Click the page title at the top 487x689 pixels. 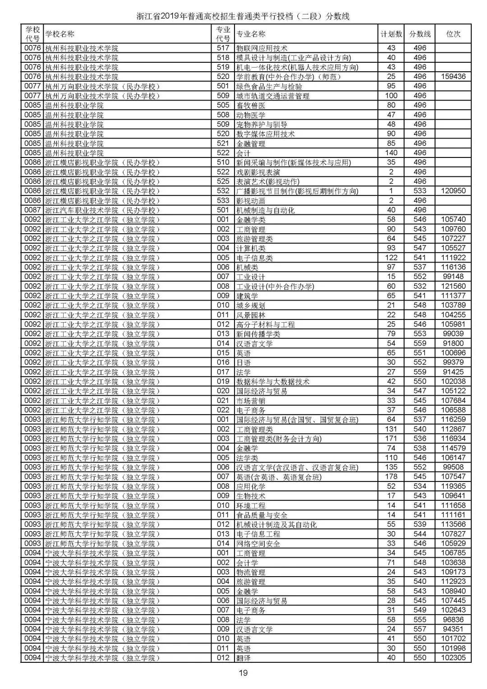243,17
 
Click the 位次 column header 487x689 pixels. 453,34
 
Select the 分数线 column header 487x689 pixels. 420,34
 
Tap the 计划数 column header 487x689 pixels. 391,34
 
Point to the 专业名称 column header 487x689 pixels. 251,34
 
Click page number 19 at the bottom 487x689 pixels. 243,673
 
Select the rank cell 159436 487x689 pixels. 453,77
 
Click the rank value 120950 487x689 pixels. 453,191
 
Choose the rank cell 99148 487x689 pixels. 453,277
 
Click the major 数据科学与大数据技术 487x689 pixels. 273,382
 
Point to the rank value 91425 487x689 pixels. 453,372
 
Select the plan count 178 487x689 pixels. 391,477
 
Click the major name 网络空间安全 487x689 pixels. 258,544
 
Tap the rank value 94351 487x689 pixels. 453,629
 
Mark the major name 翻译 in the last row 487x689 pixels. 243,658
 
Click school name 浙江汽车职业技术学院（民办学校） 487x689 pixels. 102,210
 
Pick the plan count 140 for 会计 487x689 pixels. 391,153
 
